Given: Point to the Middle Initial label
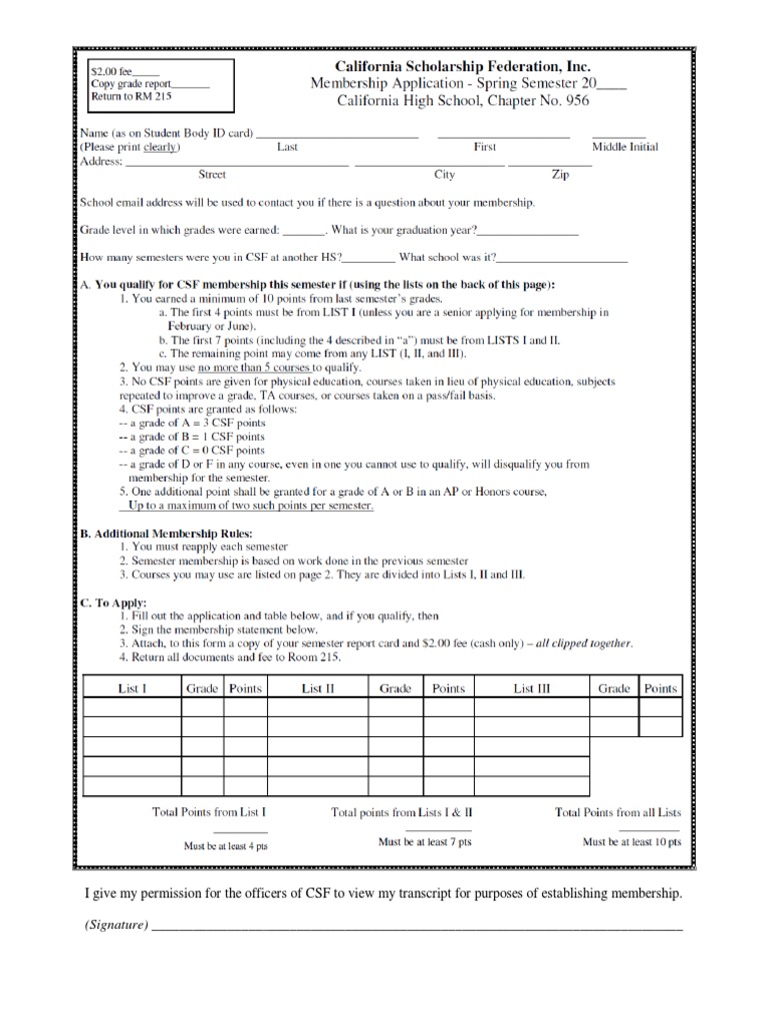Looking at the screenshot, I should pyautogui.click(x=625, y=147).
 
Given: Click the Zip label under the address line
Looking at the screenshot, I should pyautogui.click(x=561, y=175).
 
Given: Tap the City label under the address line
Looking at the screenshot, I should pyautogui.click(x=444, y=175).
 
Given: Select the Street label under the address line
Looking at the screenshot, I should pyautogui.click(x=212, y=175).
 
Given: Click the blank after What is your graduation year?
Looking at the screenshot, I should pyautogui.click(x=531, y=231).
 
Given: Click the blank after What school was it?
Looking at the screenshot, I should pyautogui.click(x=564, y=259).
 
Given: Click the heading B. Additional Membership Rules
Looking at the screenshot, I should pyautogui.click(x=166, y=532).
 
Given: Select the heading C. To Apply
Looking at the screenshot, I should pyautogui.click(x=113, y=602).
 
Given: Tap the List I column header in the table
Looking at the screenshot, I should pyautogui.click(x=131, y=688).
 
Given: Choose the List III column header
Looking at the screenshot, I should pyautogui.click(x=532, y=688).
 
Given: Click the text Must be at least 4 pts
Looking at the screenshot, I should pyautogui.click(x=225, y=846).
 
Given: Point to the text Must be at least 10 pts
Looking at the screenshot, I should pyautogui.click(x=632, y=842).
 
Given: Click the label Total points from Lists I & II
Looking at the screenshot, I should pyautogui.click(x=402, y=813).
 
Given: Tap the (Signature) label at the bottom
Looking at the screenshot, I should pyautogui.click(x=117, y=926).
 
